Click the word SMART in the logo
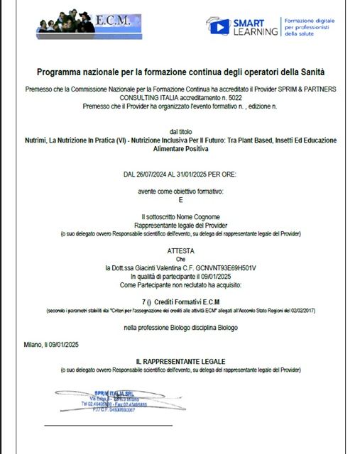pos(248,23)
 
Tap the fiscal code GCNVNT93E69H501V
pos(226,267)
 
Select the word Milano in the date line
pos(33,345)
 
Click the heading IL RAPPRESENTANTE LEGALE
pos(180,362)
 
